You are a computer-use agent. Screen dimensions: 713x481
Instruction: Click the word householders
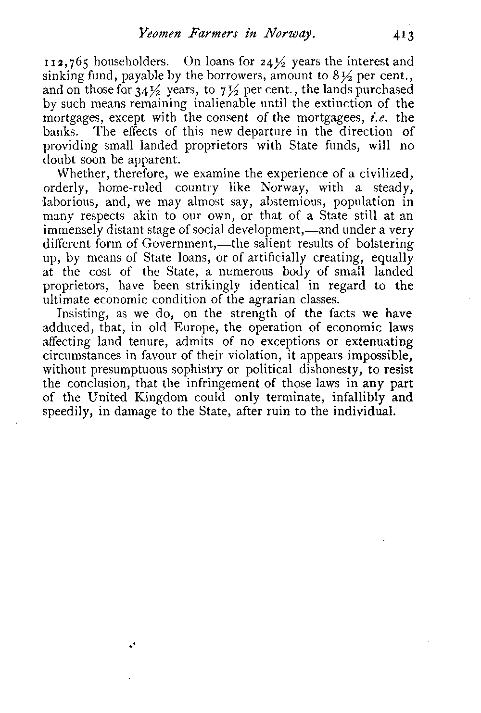(x=131, y=62)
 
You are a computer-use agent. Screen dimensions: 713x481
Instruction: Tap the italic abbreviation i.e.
(x=381, y=117)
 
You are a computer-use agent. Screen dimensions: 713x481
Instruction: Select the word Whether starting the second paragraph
(x=78, y=173)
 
